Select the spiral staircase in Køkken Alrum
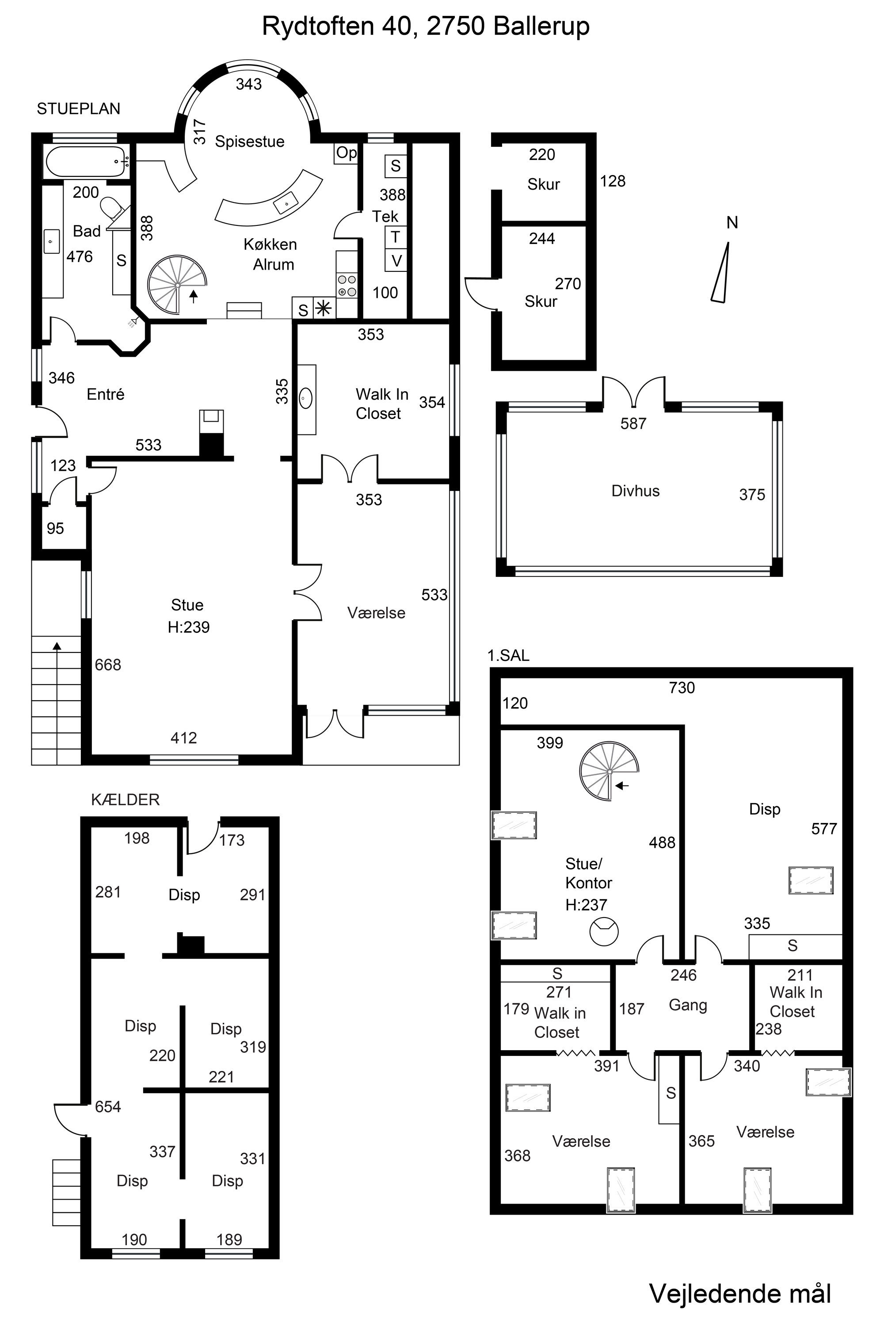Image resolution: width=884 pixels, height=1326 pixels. [x=177, y=285]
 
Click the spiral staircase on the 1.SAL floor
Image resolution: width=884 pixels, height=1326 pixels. [x=610, y=771]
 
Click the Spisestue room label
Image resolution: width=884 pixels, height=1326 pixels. [x=250, y=141]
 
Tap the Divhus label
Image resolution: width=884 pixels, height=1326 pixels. [x=636, y=491]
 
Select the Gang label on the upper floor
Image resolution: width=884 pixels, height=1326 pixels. [x=688, y=1005]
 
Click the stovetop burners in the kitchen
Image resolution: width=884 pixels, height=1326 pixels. [x=347, y=285]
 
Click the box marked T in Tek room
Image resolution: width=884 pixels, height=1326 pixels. [x=396, y=237]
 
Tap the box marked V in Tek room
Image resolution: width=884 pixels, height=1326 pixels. [x=396, y=260]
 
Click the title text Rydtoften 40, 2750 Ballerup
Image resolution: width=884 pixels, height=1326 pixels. [x=426, y=27]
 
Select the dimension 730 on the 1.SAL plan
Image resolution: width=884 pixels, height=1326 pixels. [x=682, y=687]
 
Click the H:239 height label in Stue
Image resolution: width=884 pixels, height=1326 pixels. [x=189, y=627]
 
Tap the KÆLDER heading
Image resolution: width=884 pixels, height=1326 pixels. [x=125, y=800]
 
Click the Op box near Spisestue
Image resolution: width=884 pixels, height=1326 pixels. [x=346, y=153]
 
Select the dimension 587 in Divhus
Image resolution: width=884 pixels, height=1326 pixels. [x=633, y=423]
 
